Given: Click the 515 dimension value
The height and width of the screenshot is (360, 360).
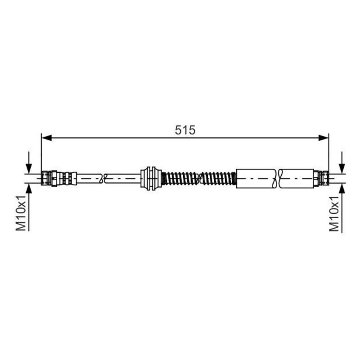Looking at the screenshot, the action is click(x=185, y=130).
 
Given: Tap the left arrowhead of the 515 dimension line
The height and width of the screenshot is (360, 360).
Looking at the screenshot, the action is click(x=46, y=138).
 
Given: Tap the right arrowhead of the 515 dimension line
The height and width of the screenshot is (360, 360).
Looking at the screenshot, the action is click(x=324, y=138).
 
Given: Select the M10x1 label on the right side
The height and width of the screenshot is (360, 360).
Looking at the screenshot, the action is click(x=334, y=213).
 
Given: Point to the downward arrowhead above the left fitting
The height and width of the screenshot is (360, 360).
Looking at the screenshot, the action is click(x=29, y=169).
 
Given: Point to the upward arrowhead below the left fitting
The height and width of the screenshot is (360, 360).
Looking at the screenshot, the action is click(x=29, y=188).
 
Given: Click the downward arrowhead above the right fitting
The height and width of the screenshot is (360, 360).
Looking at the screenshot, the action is click(x=342, y=169).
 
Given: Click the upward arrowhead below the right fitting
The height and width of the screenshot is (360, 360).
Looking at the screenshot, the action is click(x=342, y=188).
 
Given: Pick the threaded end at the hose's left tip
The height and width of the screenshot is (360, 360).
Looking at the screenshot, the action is click(x=46, y=178).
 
